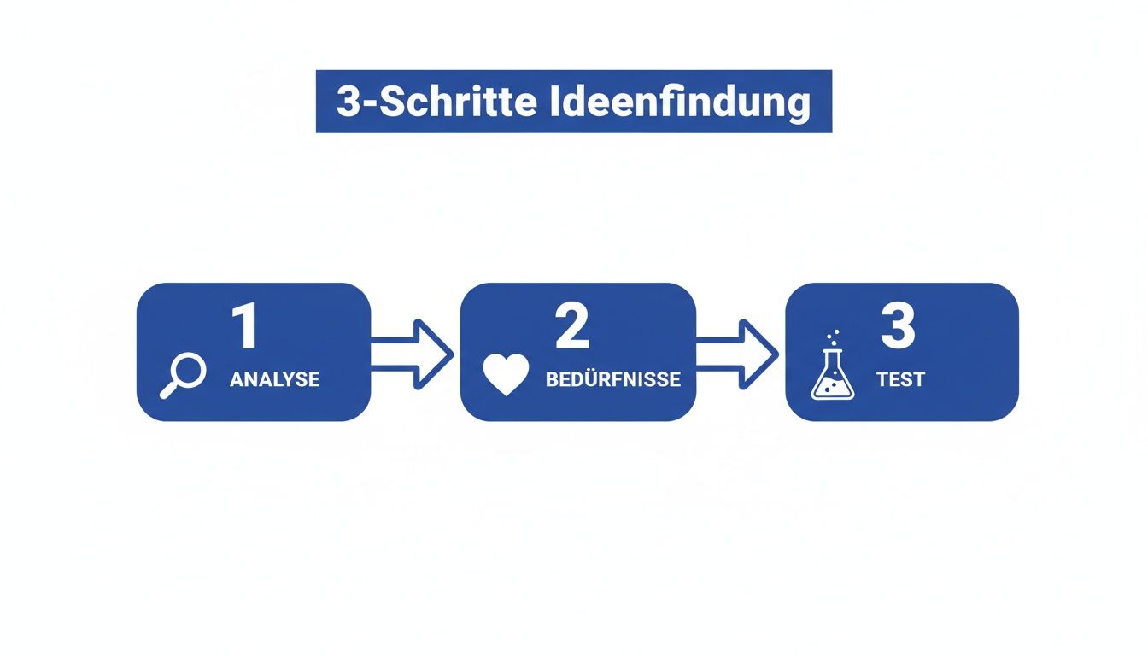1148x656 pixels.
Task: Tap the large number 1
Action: pyautogui.click(x=245, y=327)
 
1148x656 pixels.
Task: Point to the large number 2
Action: pyautogui.click(x=571, y=327)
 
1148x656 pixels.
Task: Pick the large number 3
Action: pyautogui.click(x=898, y=327)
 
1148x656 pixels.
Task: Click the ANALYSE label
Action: pyautogui.click(x=274, y=379)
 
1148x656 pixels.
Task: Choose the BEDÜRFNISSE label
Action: pyautogui.click(x=612, y=379)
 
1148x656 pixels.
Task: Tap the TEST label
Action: pyautogui.click(x=900, y=379)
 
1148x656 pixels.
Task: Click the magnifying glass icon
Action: pyautogui.click(x=183, y=376)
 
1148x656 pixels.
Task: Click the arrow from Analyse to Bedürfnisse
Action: pyautogui.click(x=413, y=353)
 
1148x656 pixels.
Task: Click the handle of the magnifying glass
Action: pyautogui.click(x=169, y=390)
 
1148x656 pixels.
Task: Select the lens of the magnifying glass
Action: pyautogui.click(x=189, y=370)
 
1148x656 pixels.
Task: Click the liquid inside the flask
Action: pyautogui.click(x=832, y=389)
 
